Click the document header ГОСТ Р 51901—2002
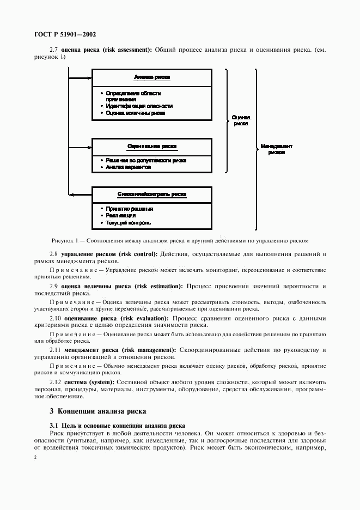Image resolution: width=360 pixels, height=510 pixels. pos(58,34)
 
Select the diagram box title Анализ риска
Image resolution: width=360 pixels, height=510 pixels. pos(151,77)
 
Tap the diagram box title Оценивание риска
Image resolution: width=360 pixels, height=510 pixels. pos(151,147)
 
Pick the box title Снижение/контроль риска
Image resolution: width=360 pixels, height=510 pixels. pos(151,194)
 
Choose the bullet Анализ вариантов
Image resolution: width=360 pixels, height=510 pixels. pos(129,167)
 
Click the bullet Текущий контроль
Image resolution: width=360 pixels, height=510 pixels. pos(129,222)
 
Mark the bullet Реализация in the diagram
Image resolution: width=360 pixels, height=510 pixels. pos(121,215)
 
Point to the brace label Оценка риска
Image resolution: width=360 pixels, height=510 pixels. pos(241,120)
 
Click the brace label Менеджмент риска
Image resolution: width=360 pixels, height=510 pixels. pos(276,149)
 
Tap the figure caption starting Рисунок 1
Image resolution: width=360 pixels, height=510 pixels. pos(180,240)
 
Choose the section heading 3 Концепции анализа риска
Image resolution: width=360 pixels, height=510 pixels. pos(97,410)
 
